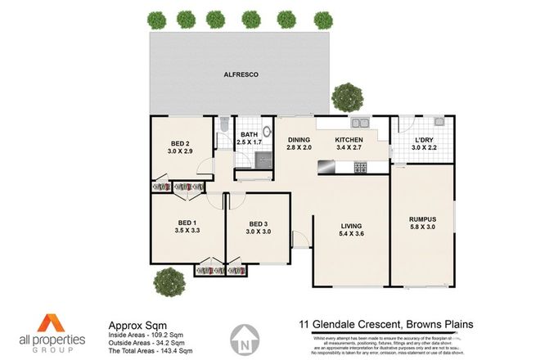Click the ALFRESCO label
point(241,74)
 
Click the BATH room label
point(247,135)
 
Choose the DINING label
point(299,140)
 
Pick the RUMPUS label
point(422,218)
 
